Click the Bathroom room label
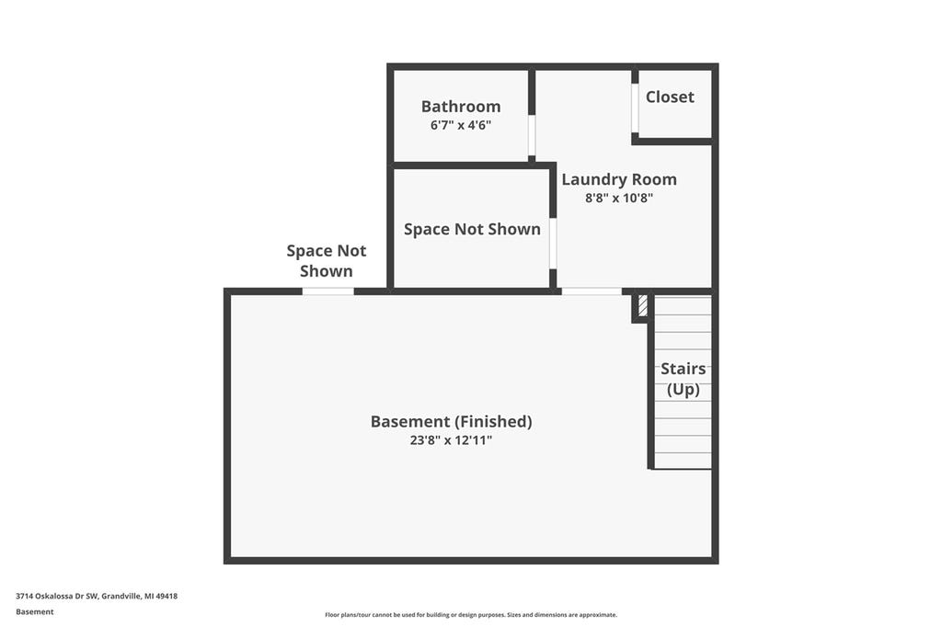[x=461, y=107]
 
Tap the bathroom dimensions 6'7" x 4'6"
[x=461, y=125]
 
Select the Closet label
[x=670, y=97]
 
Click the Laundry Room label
[x=619, y=179]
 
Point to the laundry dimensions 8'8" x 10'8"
[x=619, y=198]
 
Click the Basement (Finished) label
[x=451, y=422]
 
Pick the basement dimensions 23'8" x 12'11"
[x=451, y=440]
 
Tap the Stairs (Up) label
[x=684, y=379]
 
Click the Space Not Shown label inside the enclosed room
[x=472, y=229]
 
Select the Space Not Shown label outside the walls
[x=327, y=261]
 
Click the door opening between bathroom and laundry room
[x=532, y=135]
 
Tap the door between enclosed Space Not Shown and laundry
[x=553, y=244]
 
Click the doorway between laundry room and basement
[x=592, y=291]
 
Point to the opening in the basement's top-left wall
[x=327, y=291]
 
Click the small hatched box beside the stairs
[x=643, y=305]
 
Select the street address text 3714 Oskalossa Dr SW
[x=57, y=597]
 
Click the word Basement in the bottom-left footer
[x=35, y=612]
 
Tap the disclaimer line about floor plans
[x=471, y=615]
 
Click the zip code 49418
[x=167, y=597]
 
